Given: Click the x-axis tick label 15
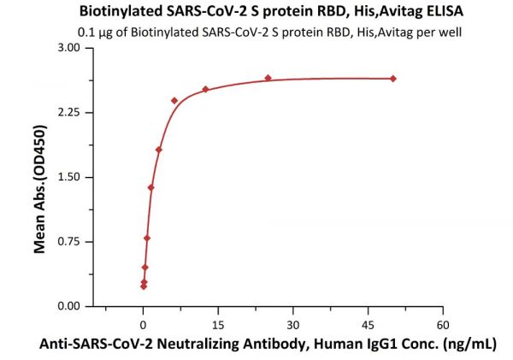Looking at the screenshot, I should click(x=218, y=325).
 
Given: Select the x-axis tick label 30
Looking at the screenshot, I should click(x=293, y=325).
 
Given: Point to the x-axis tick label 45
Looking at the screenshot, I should click(x=369, y=325).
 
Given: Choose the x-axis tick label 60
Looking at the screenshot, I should click(x=443, y=325).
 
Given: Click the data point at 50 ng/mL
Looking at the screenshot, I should click(x=393, y=79).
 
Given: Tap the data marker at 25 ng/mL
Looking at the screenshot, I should click(x=268, y=78).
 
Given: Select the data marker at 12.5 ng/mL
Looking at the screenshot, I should click(x=205, y=89).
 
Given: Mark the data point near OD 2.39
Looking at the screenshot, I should click(x=174, y=100).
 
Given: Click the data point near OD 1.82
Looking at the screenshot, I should click(x=159, y=150).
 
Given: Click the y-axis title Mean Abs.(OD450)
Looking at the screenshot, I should click(x=39, y=178).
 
